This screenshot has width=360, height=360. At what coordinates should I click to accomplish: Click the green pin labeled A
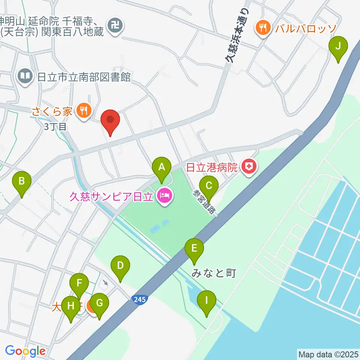click(x=162, y=167)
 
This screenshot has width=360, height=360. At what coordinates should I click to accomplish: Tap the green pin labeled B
click(x=22, y=181)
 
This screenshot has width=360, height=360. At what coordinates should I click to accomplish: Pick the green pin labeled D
click(x=120, y=266)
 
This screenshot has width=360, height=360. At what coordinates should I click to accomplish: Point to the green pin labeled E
click(x=194, y=248)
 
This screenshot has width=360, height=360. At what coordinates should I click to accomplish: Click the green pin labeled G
click(x=99, y=303)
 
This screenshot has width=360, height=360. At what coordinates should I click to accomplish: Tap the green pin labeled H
click(x=70, y=306)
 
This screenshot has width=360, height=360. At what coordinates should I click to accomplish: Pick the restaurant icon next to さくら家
click(x=82, y=110)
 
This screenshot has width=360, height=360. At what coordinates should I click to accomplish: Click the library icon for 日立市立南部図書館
click(x=25, y=76)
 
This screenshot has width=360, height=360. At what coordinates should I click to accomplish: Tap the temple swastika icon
click(x=113, y=25)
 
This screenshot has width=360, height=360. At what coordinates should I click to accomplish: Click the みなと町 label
click(x=214, y=273)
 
